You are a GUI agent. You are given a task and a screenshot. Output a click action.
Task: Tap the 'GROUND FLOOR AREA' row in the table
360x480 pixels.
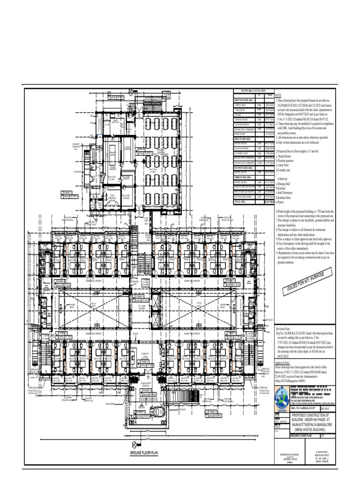click(244, 100)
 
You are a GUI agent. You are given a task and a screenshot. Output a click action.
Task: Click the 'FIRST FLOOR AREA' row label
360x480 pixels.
click(243, 140)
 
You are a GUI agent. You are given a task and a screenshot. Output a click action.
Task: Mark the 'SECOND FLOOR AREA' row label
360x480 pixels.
click(244, 167)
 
